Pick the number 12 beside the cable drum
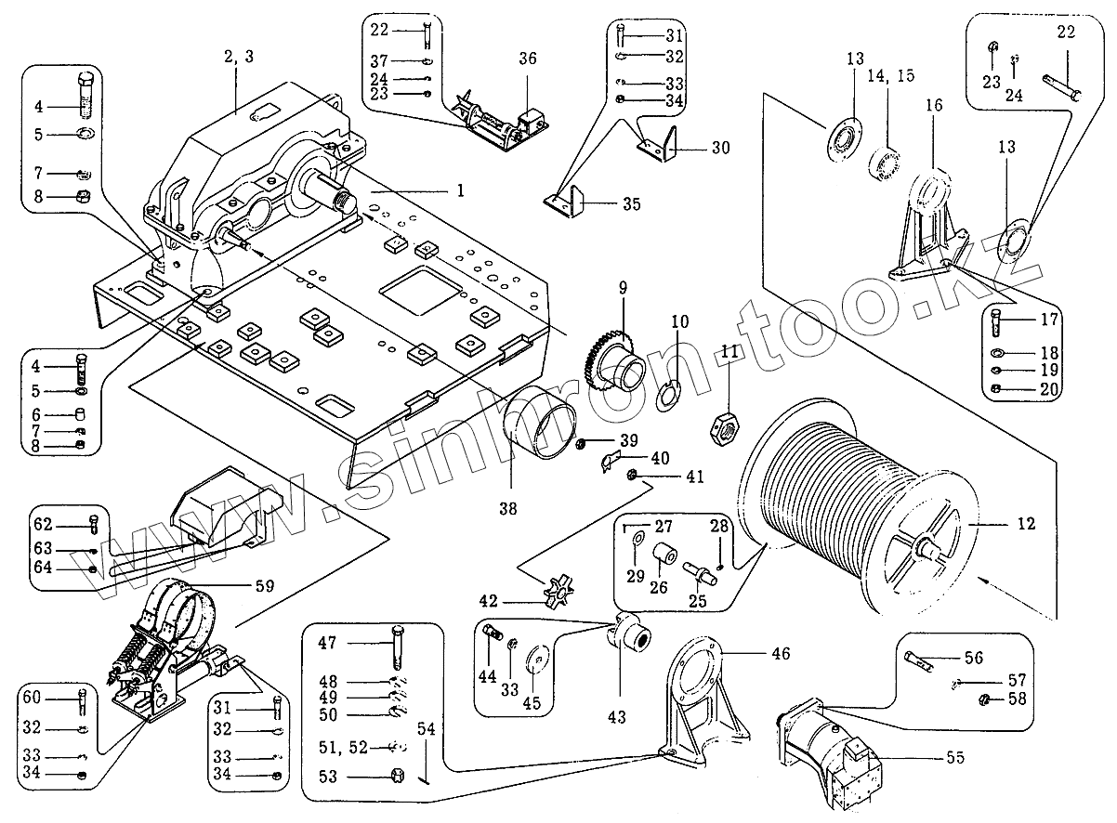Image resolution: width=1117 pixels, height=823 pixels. coord(1025,524)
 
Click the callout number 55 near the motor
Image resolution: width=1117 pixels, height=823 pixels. coord(953,758)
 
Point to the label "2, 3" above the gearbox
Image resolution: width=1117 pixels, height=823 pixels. coord(237,57)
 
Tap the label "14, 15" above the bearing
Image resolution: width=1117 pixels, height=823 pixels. coord(891,74)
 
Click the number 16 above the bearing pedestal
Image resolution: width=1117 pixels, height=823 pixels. coord(933,106)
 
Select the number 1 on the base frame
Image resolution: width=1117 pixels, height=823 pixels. coord(458,190)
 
